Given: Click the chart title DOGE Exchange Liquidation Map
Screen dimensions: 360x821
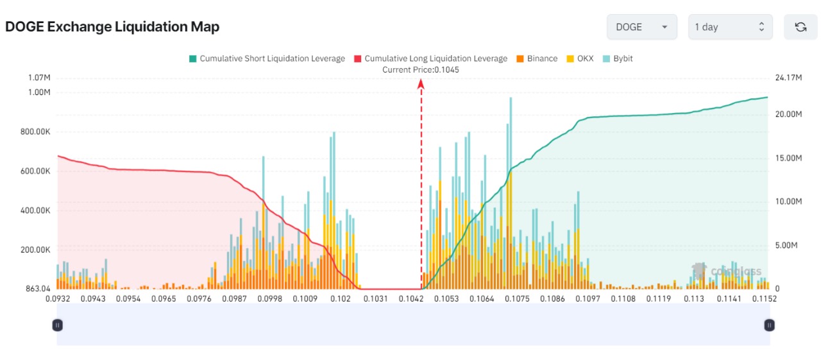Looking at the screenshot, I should click(x=112, y=27).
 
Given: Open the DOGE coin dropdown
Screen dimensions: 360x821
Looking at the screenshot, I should click(x=641, y=27).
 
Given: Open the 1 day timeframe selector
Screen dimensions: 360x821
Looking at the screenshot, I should click(x=730, y=27).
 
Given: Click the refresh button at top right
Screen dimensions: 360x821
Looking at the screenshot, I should click(x=800, y=27).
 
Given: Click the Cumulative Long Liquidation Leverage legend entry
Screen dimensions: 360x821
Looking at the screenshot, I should click(x=430, y=58).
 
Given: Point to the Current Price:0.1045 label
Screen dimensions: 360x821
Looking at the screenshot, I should click(x=421, y=69).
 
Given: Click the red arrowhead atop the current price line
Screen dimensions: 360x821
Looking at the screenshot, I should click(x=421, y=83).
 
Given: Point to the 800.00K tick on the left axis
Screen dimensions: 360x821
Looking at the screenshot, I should click(x=35, y=132).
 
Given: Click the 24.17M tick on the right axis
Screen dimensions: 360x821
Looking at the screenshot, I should click(x=788, y=78).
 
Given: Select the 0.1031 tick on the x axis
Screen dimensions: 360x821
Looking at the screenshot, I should click(x=375, y=298).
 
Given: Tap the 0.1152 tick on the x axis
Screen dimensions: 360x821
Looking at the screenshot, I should click(x=765, y=298).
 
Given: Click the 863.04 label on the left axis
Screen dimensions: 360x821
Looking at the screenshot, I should click(x=38, y=289).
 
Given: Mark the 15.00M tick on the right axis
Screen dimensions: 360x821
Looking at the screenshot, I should click(x=788, y=158).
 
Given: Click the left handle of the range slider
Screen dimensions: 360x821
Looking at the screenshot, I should click(x=57, y=325).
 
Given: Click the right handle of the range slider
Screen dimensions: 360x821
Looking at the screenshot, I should click(x=769, y=325).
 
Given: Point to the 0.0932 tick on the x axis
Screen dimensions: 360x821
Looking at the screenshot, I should click(x=58, y=298).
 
